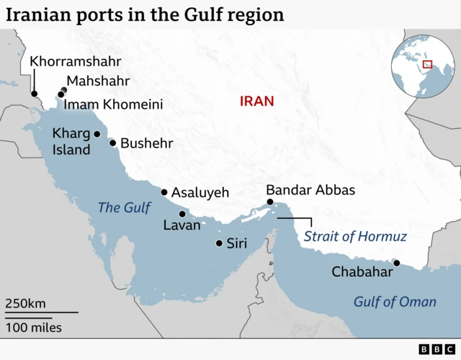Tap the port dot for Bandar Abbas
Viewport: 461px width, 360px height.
[270, 204]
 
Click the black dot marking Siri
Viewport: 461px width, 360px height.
[219, 243]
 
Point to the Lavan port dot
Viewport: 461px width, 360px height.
[182, 214]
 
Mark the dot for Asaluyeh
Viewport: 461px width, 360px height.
[164, 192]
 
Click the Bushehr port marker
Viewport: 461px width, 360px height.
[112, 143]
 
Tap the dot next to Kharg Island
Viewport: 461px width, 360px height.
[97, 134]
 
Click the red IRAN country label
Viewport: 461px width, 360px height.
[257, 102]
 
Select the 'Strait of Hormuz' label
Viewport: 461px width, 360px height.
[355, 236]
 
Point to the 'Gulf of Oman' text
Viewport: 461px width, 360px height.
[395, 302]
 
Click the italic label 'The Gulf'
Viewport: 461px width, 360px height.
[124, 208]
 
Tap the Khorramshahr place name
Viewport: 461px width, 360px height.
[75, 61]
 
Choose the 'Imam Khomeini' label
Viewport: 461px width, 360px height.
[113, 105]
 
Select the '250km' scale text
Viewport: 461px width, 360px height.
[26, 303]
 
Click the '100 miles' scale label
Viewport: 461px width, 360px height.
[34, 328]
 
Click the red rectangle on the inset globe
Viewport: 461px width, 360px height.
[427, 64]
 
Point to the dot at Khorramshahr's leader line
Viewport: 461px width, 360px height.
[33, 94]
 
